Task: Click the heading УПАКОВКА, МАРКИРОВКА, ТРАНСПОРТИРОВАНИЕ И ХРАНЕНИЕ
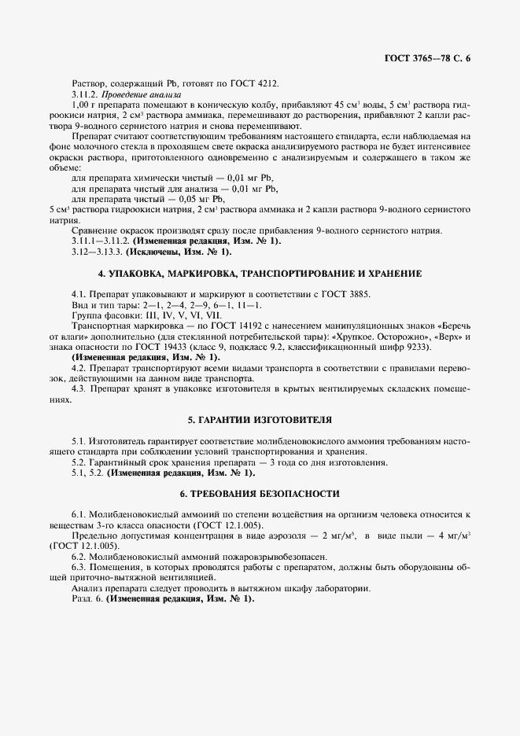pyautogui.click(x=260, y=274)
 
